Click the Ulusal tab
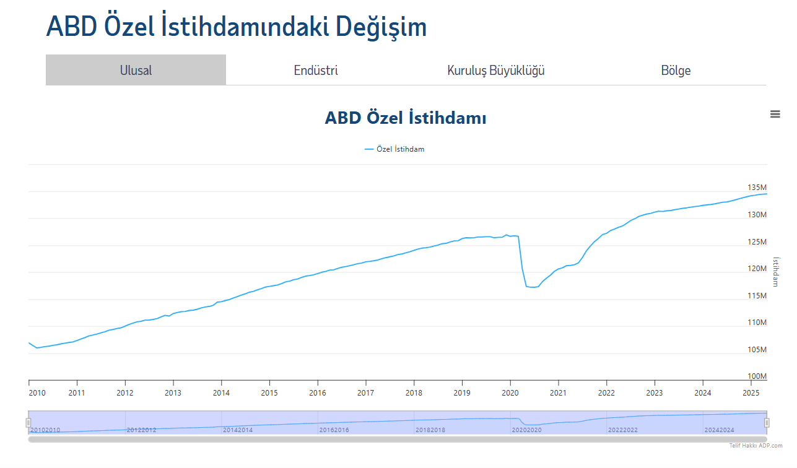click(136, 70)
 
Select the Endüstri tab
click(316, 71)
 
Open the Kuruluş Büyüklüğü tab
click(495, 71)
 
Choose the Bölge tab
click(676, 71)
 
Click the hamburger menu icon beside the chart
click(775, 114)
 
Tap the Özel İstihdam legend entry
click(394, 149)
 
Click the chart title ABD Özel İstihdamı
click(405, 118)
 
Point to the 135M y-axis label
click(757, 188)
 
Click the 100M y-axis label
click(757, 376)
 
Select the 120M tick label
click(757, 269)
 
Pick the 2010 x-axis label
click(37, 393)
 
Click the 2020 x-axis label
click(510, 393)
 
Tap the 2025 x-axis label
click(751, 393)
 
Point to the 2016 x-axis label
click(318, 393)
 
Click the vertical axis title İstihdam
click(776, 271)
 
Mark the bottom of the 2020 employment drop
click(533, 287)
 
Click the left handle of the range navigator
click(28, 422)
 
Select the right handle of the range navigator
click(767, 422)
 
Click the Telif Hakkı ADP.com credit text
click(756, 446)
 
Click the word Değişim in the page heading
click(381, 27)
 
